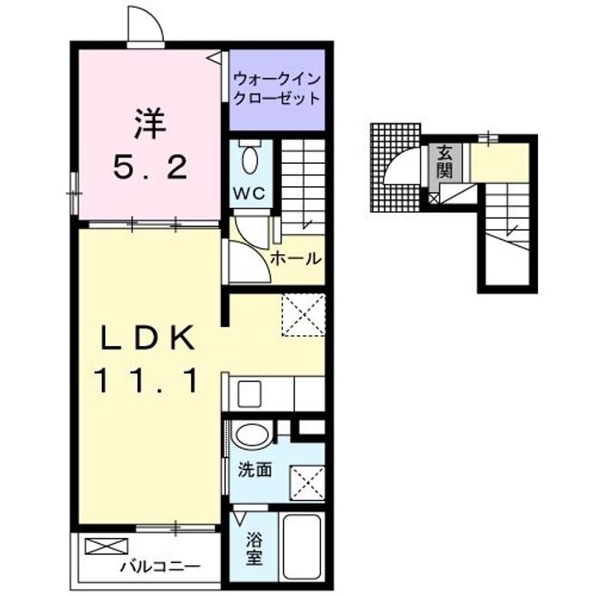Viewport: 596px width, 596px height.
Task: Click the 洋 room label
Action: pos(150,125)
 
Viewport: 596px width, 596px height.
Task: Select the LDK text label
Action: pos(150,337)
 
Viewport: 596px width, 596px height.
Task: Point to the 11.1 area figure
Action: pos(150,380)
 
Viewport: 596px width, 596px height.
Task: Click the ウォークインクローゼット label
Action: pos(276,89)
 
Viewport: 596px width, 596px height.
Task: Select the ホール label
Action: pos(295,257)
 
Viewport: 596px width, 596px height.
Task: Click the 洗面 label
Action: pos(256,469)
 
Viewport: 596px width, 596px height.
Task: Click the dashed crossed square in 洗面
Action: pos(305,480)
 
